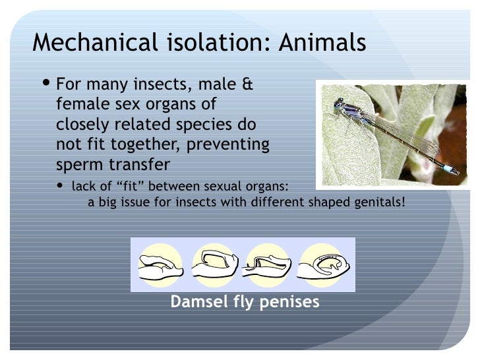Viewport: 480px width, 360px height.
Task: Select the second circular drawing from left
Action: [214, 264]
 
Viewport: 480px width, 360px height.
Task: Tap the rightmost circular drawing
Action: [322, 264]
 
